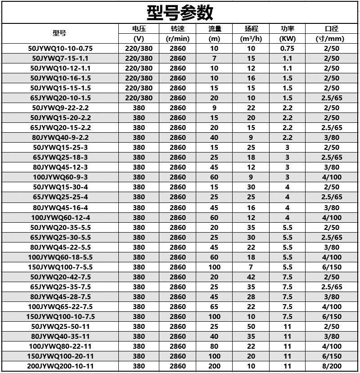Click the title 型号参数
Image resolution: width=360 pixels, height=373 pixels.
coord(180,12)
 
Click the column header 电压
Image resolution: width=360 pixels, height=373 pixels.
coord(139,29)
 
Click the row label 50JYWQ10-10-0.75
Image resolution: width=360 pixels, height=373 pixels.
coord(59,49)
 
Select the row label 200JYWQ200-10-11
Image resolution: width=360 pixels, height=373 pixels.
coord(59,366)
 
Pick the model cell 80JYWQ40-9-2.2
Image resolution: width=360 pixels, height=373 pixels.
coord(59,138)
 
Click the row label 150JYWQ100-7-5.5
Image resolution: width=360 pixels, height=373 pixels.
coord(59,267)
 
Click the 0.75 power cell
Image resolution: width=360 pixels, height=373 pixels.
coord(287,49)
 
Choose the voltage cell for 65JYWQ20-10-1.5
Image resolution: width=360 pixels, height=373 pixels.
coord(139,98)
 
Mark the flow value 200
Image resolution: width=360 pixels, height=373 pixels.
coord(214,366)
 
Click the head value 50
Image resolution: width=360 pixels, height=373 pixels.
coord(251,326)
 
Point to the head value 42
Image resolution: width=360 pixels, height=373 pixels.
coord(251,277)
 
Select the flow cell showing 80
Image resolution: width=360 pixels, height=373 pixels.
coord(214,346)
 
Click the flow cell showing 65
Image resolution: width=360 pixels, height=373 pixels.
coord(214,306)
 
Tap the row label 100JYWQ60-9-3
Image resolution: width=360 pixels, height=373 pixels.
coord(59,177)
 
